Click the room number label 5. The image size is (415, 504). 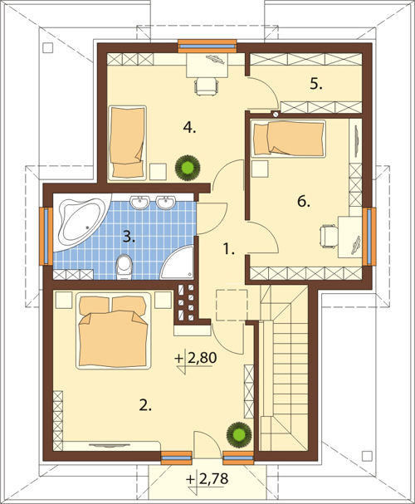click(x=316, y=84)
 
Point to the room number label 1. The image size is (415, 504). click(x=229, y=249)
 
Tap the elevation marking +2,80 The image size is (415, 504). click(x=196, y=358)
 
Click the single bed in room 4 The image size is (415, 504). click(x=128, y=142)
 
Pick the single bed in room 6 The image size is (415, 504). click(x=288, y=139)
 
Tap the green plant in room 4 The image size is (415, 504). click(x=188, y=167)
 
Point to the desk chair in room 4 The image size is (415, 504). click(x=207, y=86)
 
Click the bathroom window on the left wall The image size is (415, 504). click(x=46, y=237)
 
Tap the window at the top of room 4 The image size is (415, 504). click(x=207, y=46)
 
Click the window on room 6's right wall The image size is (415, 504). click(x=369, y=237)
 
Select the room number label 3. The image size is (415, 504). click(x=129, y=237)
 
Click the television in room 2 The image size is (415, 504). click(x=110, y=445)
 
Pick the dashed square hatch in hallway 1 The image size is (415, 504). click(x=232, y=305)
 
